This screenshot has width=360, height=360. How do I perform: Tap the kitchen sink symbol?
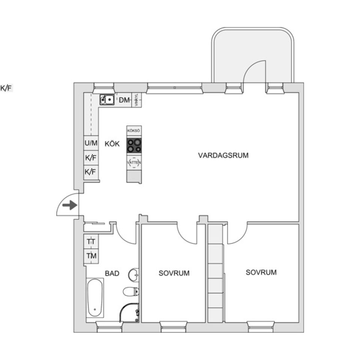click(x=107, y=100)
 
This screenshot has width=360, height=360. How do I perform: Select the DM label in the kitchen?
click(x=124, y=100)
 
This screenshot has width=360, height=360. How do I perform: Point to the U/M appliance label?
click(x=91, y=143)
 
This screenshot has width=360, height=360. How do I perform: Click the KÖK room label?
click(x=112, y=144)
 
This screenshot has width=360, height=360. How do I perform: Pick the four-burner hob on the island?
click(x=134, y=145)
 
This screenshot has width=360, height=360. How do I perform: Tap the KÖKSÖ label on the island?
click(x=134, y=130)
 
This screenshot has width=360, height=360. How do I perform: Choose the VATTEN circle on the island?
click(x=134, y=162)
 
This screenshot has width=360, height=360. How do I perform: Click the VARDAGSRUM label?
click(x=223, y=155)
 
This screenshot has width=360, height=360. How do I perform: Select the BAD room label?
click(x=112, y=274)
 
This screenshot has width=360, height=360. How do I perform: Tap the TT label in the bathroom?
click(x=91, y=242)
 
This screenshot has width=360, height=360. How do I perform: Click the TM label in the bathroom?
click(x=91, y=256)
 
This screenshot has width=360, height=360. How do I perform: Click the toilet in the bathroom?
click(x=131, y=291)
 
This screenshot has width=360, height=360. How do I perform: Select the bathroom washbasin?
click(x=133, y=275)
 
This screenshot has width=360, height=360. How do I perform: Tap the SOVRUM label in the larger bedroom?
click(x=261, y=272)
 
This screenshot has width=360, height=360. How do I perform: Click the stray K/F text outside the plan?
click(x=6, y=88)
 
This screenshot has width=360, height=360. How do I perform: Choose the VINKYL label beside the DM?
click(x=136, y=100)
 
